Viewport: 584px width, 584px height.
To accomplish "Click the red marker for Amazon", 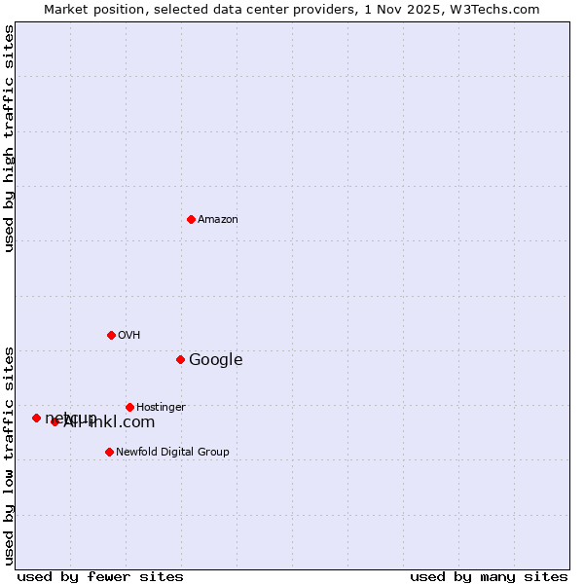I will point(191,219).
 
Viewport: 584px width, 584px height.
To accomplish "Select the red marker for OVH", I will point(111,335).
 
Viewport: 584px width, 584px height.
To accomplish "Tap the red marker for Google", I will point(180,359).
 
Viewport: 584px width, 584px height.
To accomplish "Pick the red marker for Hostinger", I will point(129,407).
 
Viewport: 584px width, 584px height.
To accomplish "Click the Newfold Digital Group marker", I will point(109,452).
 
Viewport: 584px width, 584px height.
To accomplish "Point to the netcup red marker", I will point(36,418).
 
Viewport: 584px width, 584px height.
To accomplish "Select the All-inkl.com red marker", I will point(55,421).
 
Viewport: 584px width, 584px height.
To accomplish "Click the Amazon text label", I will point(218,220).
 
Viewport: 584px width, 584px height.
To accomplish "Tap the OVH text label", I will point(129,336).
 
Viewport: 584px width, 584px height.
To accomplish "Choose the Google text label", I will point(215,360).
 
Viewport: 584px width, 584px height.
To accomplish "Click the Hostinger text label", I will point(161,408).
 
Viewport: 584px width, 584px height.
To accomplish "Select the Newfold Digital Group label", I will point(172,453).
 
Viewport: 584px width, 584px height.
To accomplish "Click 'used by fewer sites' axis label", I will point(100,577).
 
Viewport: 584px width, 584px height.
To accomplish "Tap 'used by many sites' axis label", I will point(489,577).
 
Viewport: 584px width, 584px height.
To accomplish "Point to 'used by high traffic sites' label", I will point(10,138).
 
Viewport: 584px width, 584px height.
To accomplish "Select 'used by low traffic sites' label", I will point(10,456).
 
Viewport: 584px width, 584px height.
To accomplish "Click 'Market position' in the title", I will point(90,9).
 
